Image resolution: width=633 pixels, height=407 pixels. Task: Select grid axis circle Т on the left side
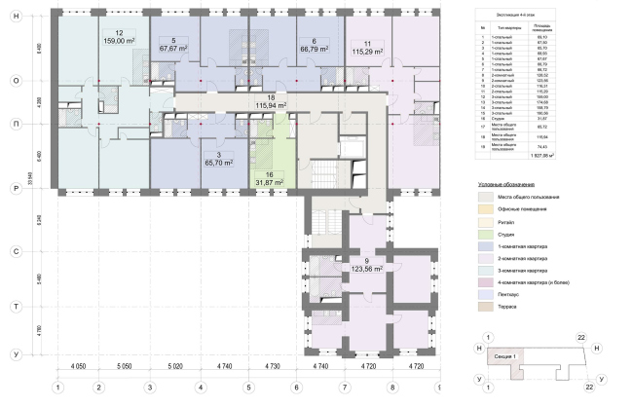pos(16,306)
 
